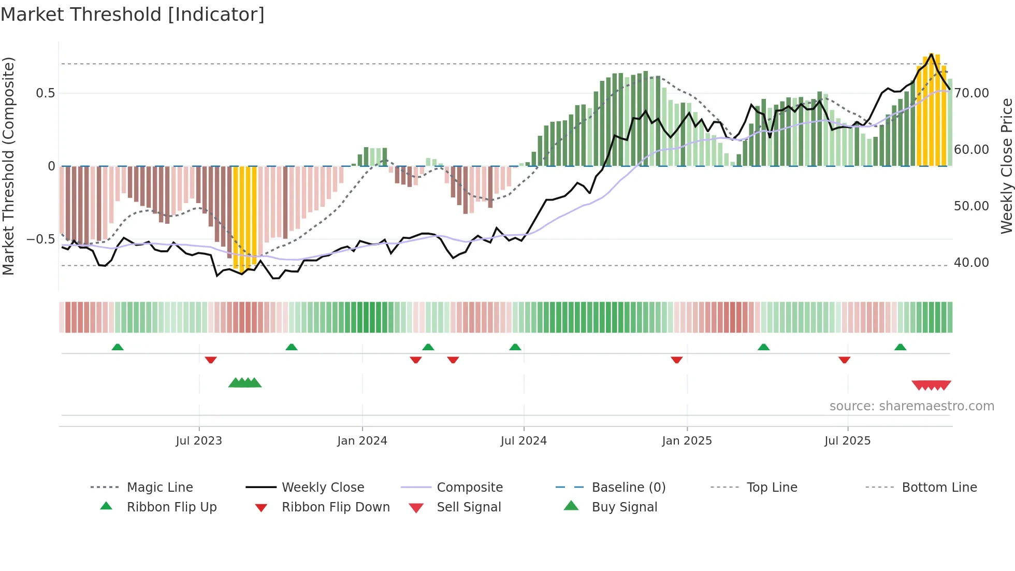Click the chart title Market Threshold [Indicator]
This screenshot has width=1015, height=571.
click(x=133, y=15)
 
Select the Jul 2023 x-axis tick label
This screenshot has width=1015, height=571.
click(x=199, y=441)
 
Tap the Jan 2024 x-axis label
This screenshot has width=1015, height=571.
click(x=362, y=441)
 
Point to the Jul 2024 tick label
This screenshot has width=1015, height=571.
click(x=524, y=441)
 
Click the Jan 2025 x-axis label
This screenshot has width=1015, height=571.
click(x=687, y=441)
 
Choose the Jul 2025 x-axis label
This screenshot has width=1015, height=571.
click(x=847, y=441)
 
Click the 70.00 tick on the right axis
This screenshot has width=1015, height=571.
click(x=972, y=93)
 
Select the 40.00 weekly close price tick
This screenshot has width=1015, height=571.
click(x=972, y=263)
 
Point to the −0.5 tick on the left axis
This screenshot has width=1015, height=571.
click(x=40, y=239)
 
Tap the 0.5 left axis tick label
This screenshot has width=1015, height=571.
click(x=45, y=93)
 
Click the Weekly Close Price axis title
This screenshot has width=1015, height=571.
click(x=1006, y=166)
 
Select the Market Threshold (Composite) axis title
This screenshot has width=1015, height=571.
click(x=8, y=166)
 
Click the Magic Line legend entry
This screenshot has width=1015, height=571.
click(x=160, y=488)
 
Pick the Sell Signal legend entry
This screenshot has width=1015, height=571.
click(x=469, y=507)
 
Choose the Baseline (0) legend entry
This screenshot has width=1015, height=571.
click(x=628, y=488)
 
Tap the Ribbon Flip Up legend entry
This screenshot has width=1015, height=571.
click(x=171, y=507)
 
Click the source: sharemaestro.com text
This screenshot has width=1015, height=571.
click(x=911, y=406)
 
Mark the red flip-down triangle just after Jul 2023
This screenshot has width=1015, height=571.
click(x=211, y=360)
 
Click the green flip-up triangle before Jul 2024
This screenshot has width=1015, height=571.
click(x=515, y=347)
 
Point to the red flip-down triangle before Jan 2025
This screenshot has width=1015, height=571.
click(x=676, y=360)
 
